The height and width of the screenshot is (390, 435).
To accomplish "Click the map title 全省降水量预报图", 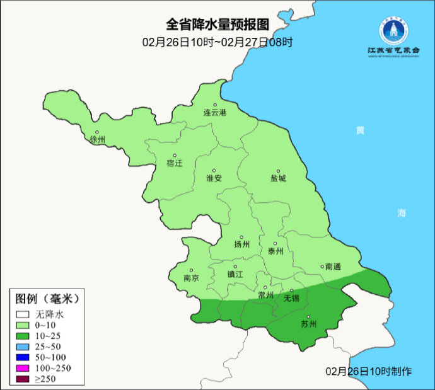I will click(x=217, y=25).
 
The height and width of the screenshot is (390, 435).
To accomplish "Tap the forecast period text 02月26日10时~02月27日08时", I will click(x=217, y=43).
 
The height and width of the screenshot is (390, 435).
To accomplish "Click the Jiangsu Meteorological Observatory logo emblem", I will click(x=393, y=30).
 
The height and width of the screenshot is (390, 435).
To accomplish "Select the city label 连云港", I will click(x=214, y=113).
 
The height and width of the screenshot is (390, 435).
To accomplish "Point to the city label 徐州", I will click(x=98, y=139).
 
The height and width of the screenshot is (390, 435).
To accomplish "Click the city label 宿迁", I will click(x=174, y=163).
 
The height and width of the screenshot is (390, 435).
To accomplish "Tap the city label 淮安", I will click(x=214, y=178).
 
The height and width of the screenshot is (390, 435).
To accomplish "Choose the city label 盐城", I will click(x=278, y=178).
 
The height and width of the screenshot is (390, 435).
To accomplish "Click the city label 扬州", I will click(x=242, y=244).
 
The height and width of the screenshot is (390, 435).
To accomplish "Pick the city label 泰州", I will click(x=275, y=251).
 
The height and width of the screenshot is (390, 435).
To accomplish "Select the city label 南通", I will click(x=332, y=267).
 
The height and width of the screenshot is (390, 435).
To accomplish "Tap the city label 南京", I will click(x=191, y=278).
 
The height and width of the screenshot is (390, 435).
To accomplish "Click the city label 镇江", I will click(x=235, y=274).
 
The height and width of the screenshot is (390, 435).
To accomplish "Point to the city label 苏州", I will click(x=308, y=324).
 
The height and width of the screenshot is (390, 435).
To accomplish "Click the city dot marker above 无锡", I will click(x=291, y=290).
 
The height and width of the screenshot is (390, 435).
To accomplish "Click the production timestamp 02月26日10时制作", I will click(x=369, y=371).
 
